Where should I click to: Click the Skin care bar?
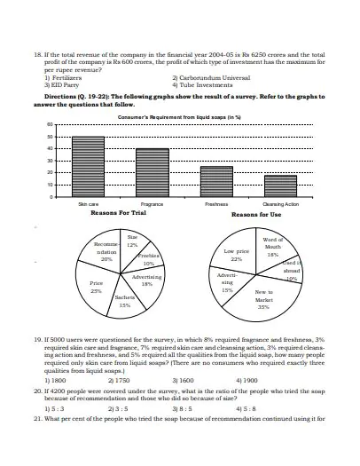(87, 166)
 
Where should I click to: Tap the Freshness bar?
(216, 181)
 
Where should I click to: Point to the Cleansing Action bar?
(280, 186)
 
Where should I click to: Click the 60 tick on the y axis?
(51, 125)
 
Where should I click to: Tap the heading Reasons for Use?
(256, 214)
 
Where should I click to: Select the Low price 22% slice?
(237, 255)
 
